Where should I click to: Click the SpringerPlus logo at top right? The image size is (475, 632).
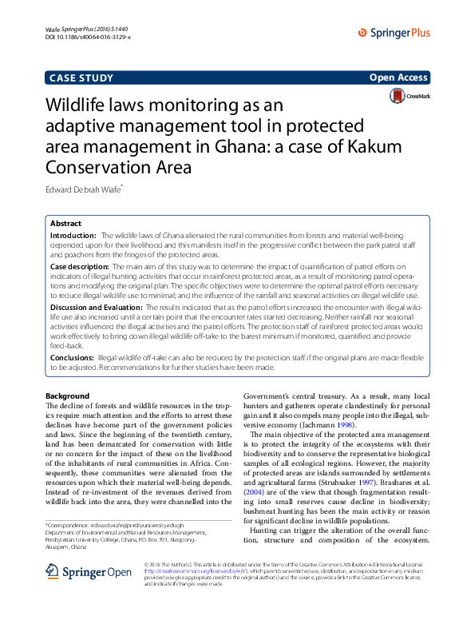[394, 33]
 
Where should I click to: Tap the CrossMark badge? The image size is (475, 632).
[409, 96]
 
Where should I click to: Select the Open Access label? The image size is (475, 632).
[398, 78]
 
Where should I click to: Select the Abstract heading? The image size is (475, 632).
[65, 224]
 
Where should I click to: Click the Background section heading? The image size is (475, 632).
[67, 396]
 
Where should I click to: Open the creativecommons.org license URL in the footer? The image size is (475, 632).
[179, 594]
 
